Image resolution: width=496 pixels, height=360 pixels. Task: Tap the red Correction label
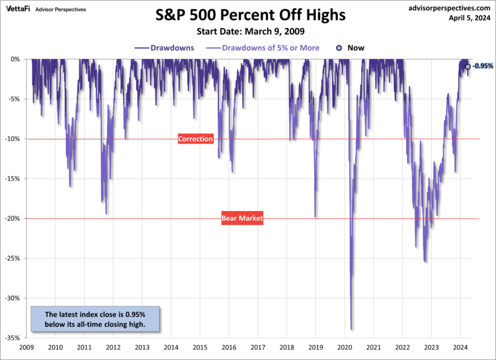pos(196,139)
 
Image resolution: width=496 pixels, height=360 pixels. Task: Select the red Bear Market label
pos(242,218)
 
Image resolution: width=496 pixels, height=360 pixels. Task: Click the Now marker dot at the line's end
pos(468,66)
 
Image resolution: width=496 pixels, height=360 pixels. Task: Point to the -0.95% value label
pos(483,66)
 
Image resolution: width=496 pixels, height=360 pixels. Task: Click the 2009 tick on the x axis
pos(26,347)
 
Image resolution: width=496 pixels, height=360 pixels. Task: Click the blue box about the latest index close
pos(96,319)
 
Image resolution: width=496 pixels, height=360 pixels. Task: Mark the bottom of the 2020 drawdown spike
pos(351,329)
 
